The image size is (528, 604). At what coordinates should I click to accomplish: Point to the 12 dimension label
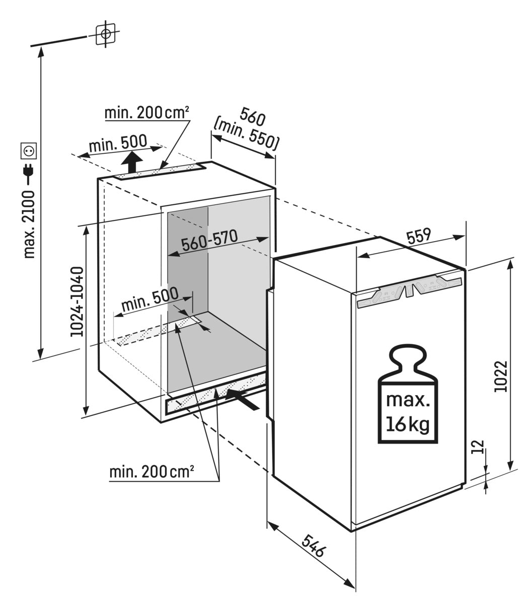pyautogui.click(x=479, y=446)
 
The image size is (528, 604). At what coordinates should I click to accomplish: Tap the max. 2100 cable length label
pyautogui.click(x=30, y=223)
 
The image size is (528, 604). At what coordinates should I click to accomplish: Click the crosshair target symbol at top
pyautogui.click(x=106, y=34)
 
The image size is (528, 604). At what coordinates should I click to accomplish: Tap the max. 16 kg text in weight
pyautogui.click(x=408, y=412)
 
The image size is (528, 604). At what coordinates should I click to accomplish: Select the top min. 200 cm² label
pyautogui.click(x=146, y=113)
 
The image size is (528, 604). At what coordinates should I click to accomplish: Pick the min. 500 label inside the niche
pyautogui.click(x=149, y=300)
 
